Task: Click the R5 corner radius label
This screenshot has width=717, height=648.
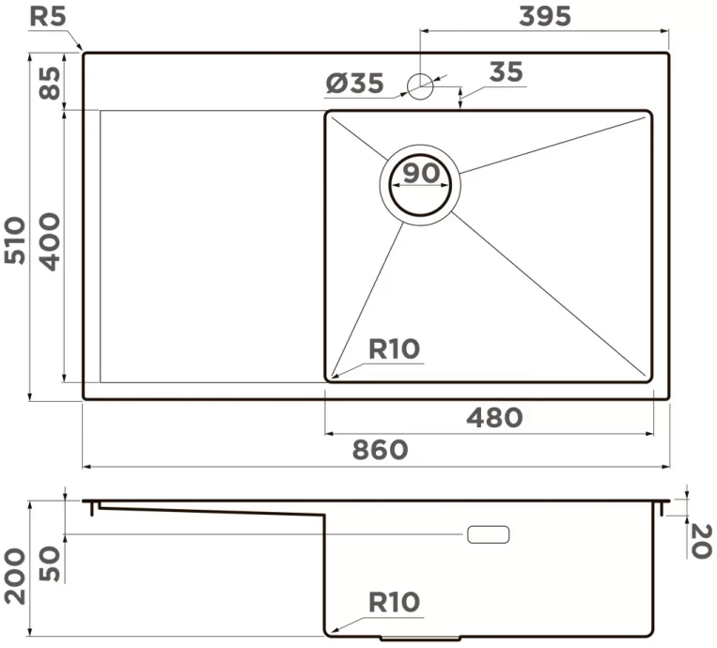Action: (x=48, y=17)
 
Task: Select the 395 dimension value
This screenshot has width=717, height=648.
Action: (x=545, y=17)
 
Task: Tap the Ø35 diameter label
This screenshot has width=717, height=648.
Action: (x=355, y=84)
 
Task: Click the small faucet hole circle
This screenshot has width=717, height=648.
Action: (x=420, y=86)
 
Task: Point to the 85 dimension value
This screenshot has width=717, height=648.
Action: (x=50, y=84)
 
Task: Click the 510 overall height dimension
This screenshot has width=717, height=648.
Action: (x=15, y=240)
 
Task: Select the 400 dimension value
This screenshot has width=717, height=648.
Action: (x=50, y=241)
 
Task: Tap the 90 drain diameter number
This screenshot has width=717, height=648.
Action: (x=421, y=173)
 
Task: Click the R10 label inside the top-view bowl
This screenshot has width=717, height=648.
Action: (x=394, y=349)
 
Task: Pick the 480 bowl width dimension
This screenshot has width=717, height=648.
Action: (x=494, y=418)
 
